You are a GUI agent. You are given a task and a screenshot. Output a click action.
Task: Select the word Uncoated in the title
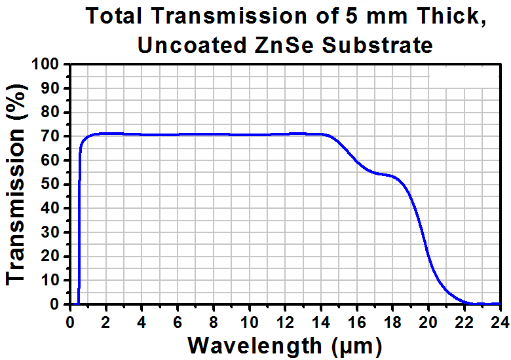click(192, 45)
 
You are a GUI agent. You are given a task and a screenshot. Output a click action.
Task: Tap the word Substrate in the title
click(377, 45)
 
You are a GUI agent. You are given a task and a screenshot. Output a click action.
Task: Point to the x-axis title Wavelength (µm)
click(285, 346)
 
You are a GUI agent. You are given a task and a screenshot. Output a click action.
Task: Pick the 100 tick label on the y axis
click(50, 64)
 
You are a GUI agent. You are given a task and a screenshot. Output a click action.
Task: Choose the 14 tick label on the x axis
click(321, 322)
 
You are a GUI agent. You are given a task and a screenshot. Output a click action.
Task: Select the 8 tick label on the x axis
click(213, 322)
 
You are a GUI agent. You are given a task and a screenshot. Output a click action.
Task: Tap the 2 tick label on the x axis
click(105, 322)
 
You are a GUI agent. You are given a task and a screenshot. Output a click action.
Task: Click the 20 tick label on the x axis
click(428, 322)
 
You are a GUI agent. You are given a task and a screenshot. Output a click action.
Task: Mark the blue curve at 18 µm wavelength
click(392, 176)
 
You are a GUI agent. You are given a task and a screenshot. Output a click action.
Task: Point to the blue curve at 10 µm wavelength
click(250, 135)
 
